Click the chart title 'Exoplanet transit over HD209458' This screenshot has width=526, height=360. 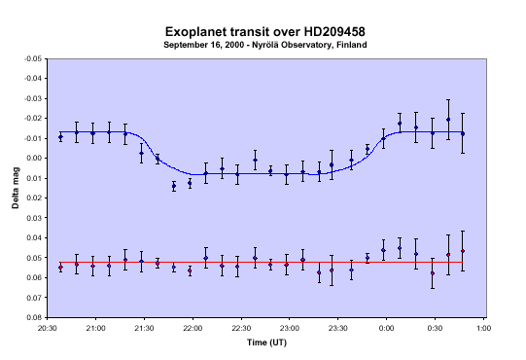(x=265, y=32)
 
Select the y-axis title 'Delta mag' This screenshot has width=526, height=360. (x=16, y=188)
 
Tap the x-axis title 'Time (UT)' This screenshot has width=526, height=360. (x=266, y=342)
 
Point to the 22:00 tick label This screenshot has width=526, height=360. (x=193, y=328)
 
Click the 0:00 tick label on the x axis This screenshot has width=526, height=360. (x=386, y=328)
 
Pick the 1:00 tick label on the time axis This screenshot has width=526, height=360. (x=483, y=328)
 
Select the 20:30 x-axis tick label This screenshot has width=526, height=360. (x=48, y=328)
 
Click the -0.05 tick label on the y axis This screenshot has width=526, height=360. (x=33, y=58)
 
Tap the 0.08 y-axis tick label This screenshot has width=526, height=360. (x=34, y=317)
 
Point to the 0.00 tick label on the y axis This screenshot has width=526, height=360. (x=34, y=159)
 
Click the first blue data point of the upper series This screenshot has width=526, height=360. (x=60, y=136)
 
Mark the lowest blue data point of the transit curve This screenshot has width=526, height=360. (x=174, y=186)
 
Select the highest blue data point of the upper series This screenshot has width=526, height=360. (x=448, y=120)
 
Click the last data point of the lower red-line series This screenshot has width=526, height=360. (x=463, y=251)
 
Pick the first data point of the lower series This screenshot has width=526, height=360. (x=60, y=268)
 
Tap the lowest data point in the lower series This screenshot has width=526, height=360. (x=433, y=273)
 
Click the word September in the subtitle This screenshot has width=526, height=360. (x=182, y=45)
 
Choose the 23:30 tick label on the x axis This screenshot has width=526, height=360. (x=337, y=328)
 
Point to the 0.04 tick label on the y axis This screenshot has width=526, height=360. (x=34, y=237)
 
